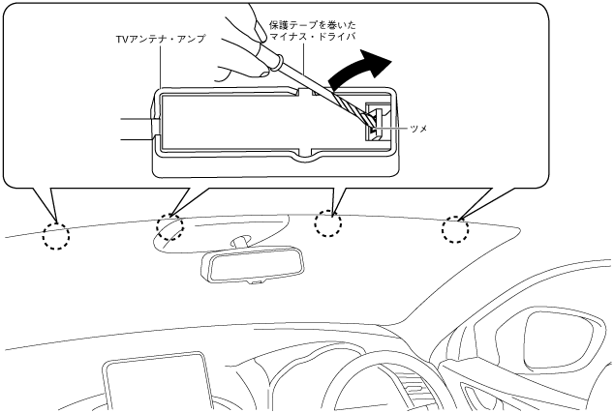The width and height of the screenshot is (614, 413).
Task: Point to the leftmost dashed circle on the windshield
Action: point(56,235)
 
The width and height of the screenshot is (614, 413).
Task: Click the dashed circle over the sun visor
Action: point(169,227)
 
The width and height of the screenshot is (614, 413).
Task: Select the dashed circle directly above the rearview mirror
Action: point(330,223)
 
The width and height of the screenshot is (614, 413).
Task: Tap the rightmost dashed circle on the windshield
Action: point(456,230)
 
